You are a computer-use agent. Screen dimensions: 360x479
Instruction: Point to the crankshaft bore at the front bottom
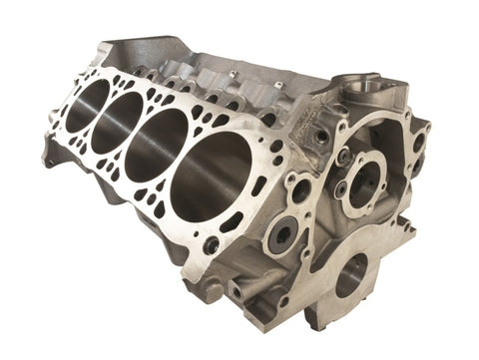tap(352, 275)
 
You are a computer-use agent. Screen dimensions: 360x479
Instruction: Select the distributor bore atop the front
tap(365, 90)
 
